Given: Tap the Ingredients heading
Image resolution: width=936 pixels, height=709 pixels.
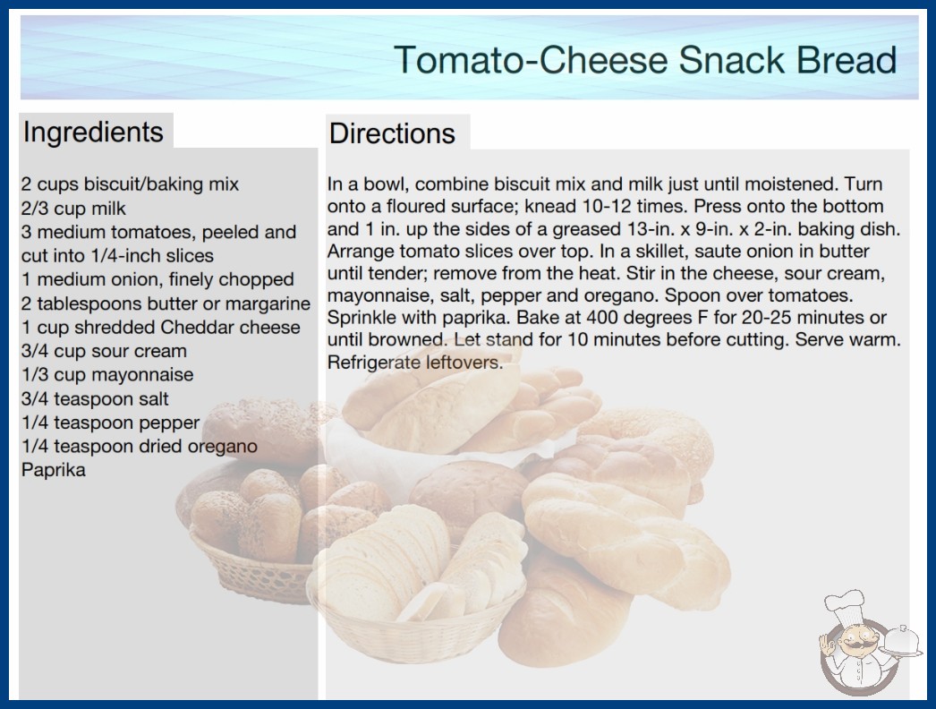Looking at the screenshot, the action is click(x=93, y=132).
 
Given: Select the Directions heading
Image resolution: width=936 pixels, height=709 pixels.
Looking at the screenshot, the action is click(x=392, y=133).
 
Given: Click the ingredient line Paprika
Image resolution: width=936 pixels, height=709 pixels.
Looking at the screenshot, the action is click(x=53, y=470).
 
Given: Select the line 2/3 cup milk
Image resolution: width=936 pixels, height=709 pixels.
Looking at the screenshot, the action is click(x=73, y=209).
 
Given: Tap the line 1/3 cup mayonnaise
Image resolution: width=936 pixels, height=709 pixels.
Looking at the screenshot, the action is click(x=107, y=375).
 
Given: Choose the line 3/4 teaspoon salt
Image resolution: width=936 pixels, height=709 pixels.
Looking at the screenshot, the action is click(x=95, y=399).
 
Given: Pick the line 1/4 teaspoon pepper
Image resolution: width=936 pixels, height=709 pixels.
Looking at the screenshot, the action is click(x=110, y=423).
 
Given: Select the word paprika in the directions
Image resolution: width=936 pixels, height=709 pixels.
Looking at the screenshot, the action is click(x=477, y=319).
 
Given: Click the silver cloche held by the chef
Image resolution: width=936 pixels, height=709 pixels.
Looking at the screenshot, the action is click(x=902, y=641).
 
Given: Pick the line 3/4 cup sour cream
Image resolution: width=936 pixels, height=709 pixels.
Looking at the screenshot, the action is click(x=104, y=351).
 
